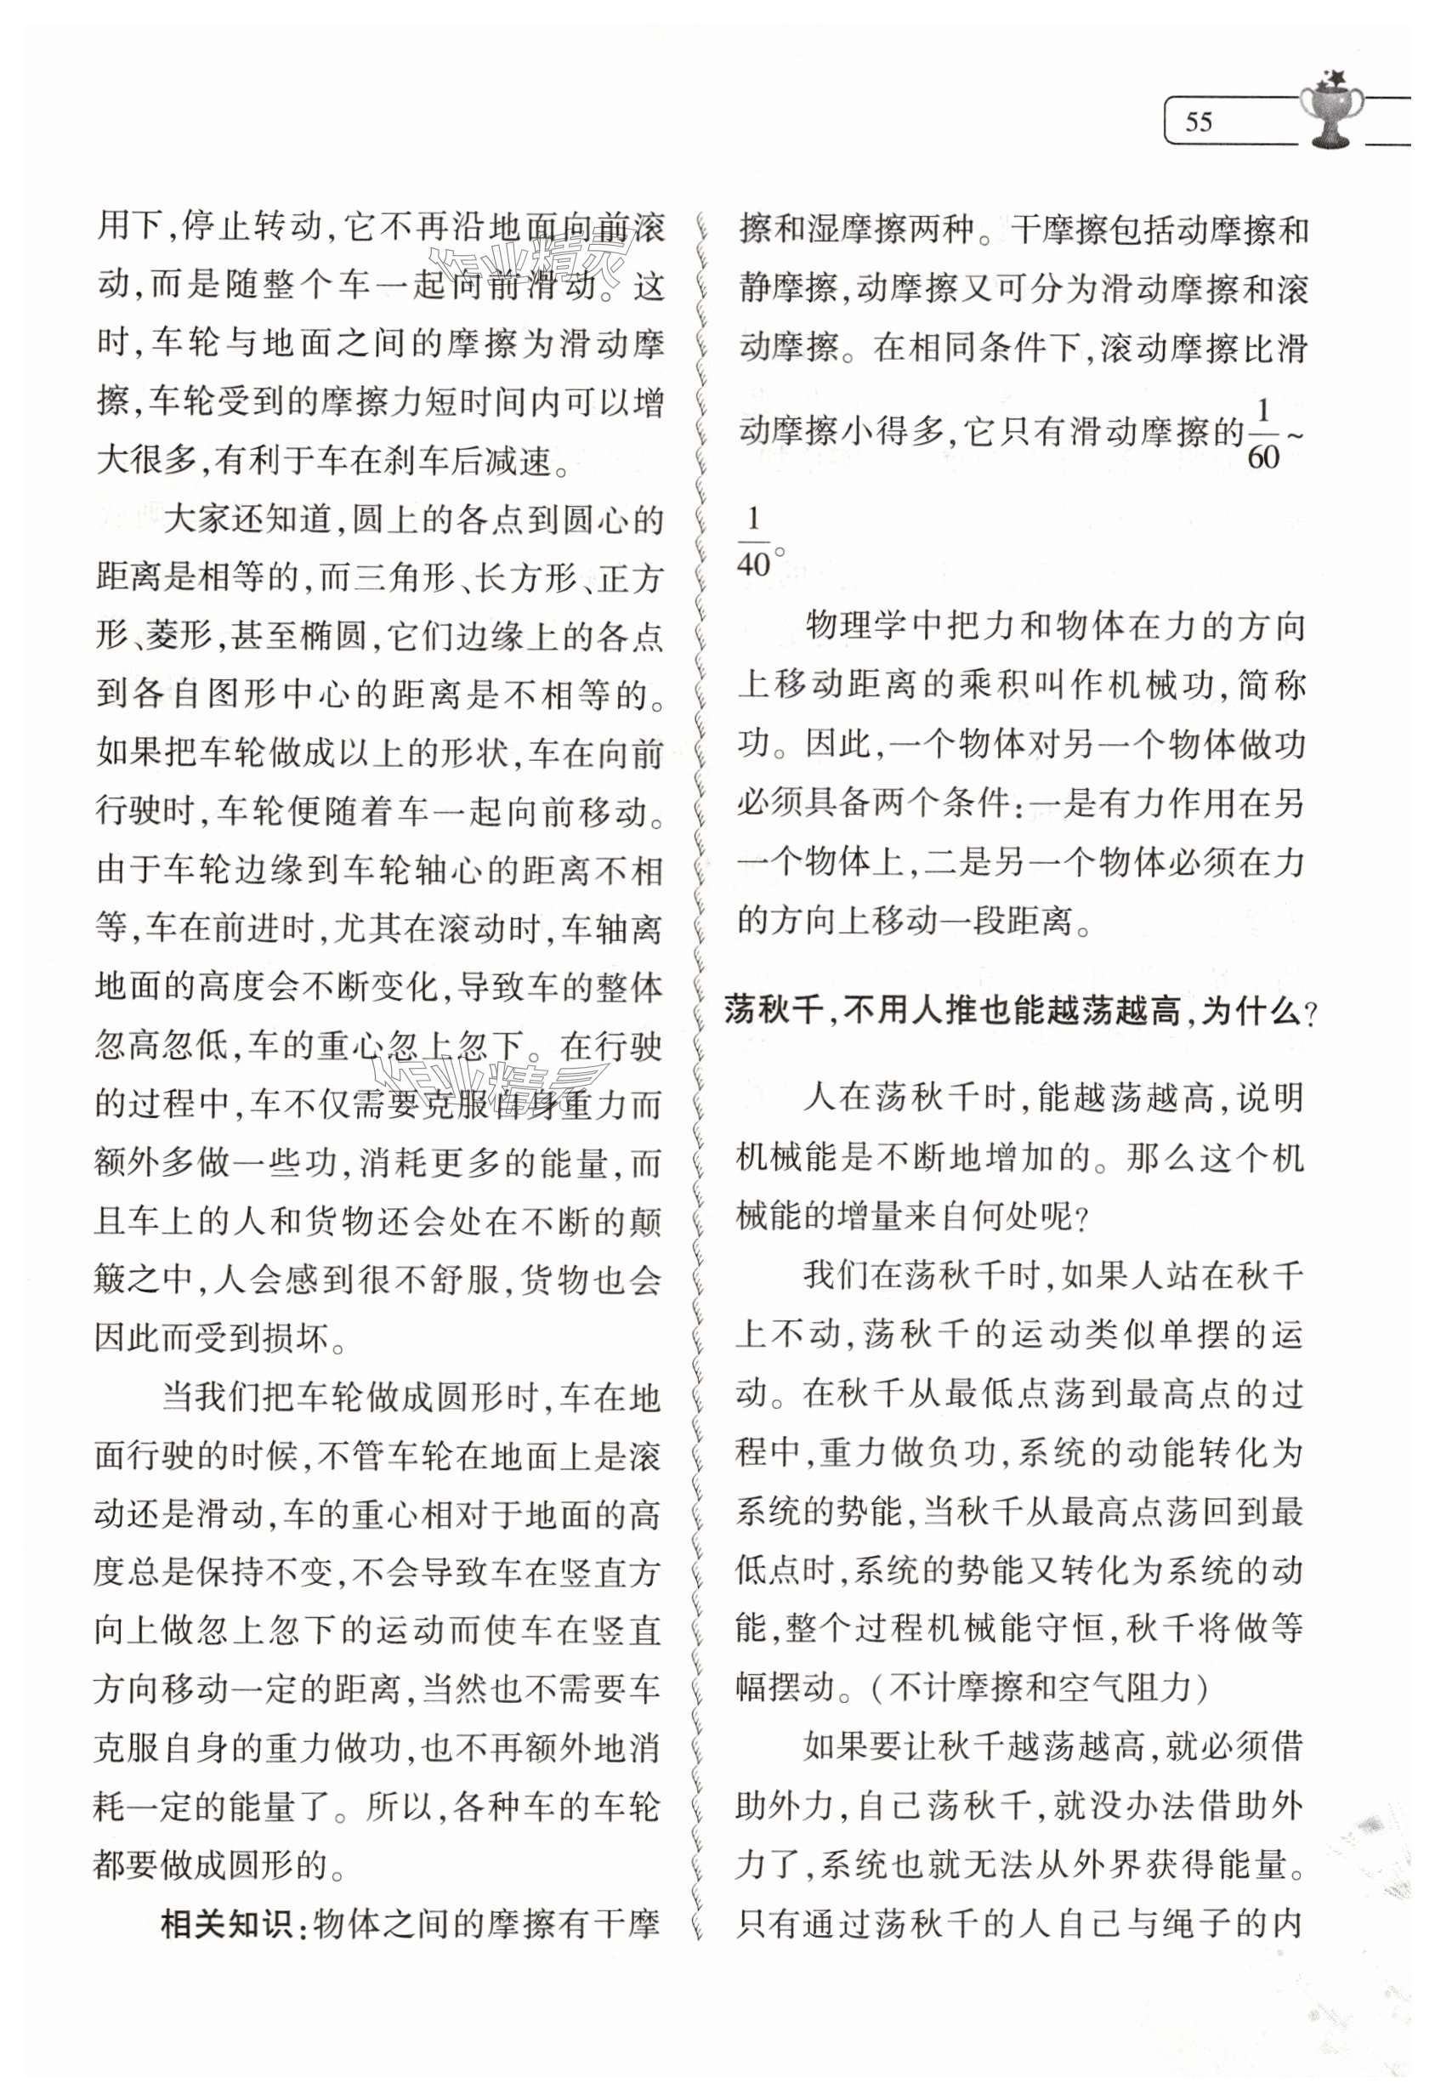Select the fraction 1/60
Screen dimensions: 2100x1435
click(1262, 435)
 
